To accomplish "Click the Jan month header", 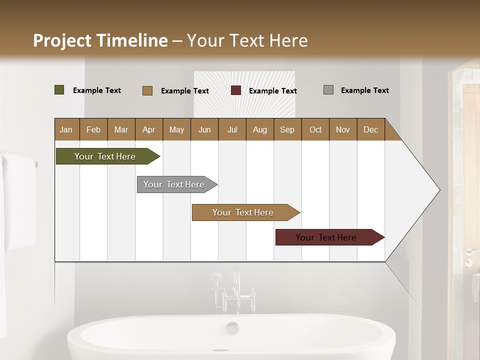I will (66, 129).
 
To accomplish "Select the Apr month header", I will (148, 129).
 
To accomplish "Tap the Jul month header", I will (232, 129).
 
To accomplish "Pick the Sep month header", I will (287, 129).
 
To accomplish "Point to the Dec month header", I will (370, 129).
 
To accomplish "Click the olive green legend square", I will (59, 90).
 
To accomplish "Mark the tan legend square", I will (147, 90).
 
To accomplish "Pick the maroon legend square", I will (236, 90).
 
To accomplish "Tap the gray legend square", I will (328, 90).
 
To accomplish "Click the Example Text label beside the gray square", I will (364, 90).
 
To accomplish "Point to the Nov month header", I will (342, 129).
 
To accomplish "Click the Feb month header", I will (93, 129).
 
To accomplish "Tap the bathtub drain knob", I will (232, 328).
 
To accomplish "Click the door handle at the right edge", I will (470, 251).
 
